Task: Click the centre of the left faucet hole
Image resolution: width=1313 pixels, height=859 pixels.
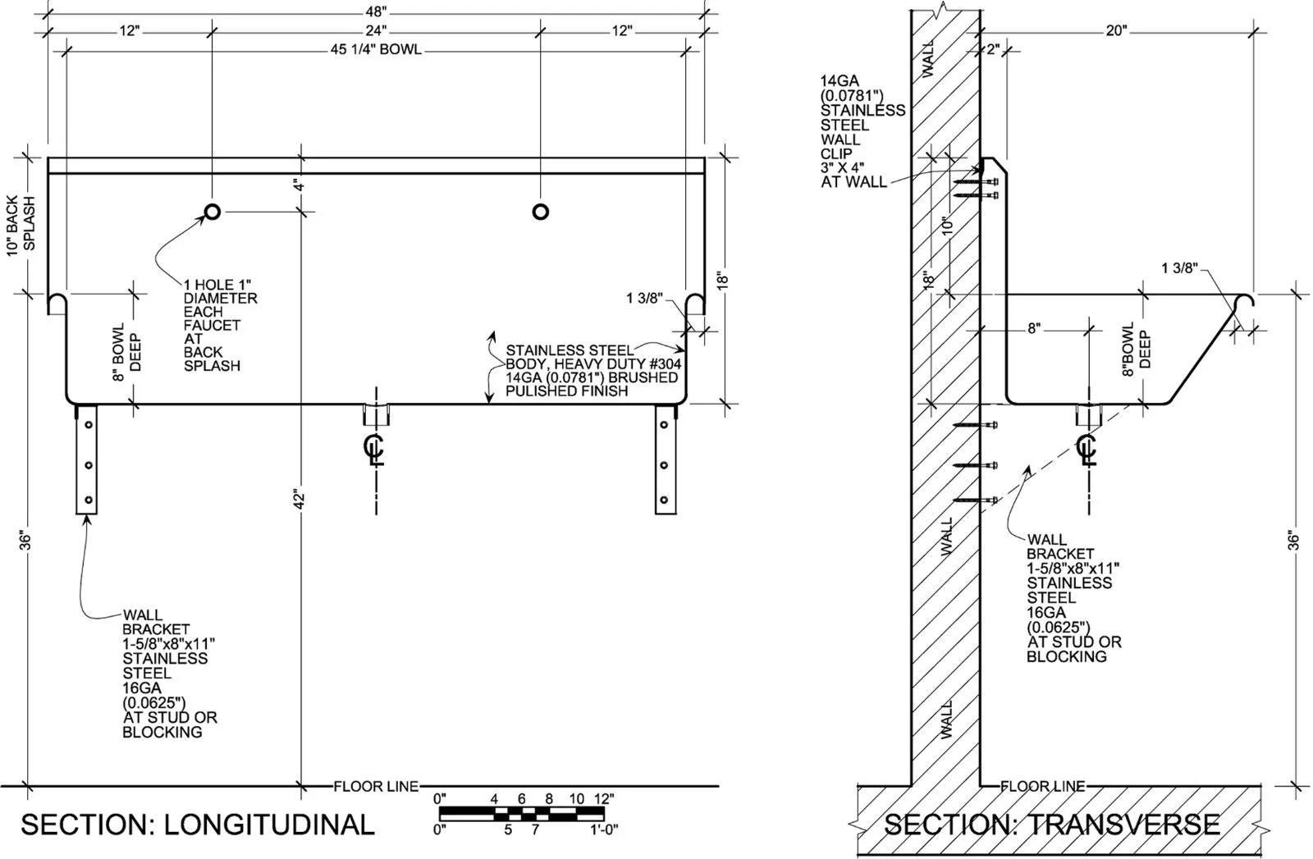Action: pyautogui.click(x=213, y=212)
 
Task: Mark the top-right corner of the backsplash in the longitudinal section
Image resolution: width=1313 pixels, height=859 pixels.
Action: pyautogui.click(x=705, y=158)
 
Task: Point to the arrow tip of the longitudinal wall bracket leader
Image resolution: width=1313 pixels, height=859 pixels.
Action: pyautogui.click(x=88, y=515)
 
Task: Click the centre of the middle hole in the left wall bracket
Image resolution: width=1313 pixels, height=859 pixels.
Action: pyautogui.click(x=89, y=465)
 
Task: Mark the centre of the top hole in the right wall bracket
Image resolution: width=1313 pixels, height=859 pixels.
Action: pyautogui.click(x=664, y=424)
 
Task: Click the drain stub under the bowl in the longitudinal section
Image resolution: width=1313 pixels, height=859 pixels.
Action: pyautogui.click(x=376, y=415)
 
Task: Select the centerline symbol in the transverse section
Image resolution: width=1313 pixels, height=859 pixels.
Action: pyautogui.click(x=1087, y=450)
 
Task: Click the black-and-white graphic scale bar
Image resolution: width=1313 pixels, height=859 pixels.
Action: pyautogui.click(x=522, y=813)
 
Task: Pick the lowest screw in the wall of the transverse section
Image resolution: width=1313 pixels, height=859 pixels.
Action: pyautogui.click(x=976, y=500)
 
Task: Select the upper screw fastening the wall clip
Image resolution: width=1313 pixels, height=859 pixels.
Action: pyautogui.click(x=977, y=182)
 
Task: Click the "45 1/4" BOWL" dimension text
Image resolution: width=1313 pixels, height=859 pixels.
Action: pyautogui.click(x=376, y=49)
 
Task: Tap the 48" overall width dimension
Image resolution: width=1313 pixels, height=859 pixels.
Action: pyautogui.click(x=376, y=11)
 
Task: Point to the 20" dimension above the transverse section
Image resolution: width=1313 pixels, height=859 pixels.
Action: pyautogui.click(x=1116, y=30)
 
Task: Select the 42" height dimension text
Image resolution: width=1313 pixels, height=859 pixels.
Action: pyautogui.click(x=300, y=500)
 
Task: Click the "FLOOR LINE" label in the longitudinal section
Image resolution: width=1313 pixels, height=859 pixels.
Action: pyautogui.click(x=376, y=786)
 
